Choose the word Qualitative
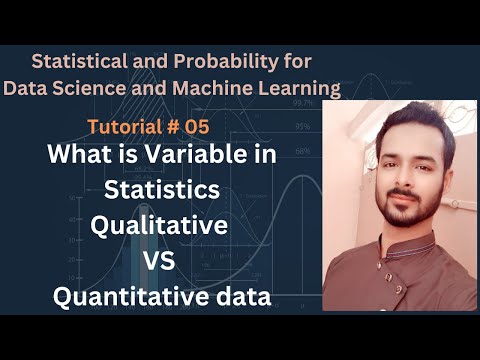159,227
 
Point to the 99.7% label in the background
301,101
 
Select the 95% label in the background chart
301,127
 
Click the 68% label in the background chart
301,151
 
